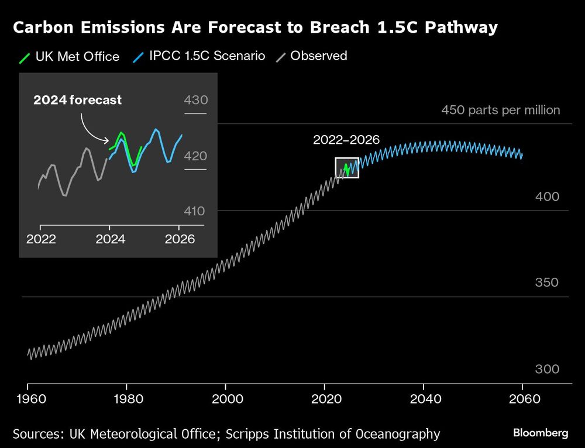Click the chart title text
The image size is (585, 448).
255,27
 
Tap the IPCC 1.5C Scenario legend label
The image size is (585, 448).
207,56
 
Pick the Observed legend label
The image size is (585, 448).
318,56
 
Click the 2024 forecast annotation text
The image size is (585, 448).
77,100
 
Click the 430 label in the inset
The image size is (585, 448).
195,100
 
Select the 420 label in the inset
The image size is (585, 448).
195,156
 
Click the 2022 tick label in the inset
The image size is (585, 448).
41,239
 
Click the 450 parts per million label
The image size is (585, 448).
500,110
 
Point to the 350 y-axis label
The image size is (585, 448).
547,282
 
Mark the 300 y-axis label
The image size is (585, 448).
547,370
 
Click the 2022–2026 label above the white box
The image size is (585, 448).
346,140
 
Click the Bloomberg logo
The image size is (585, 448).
541,433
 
